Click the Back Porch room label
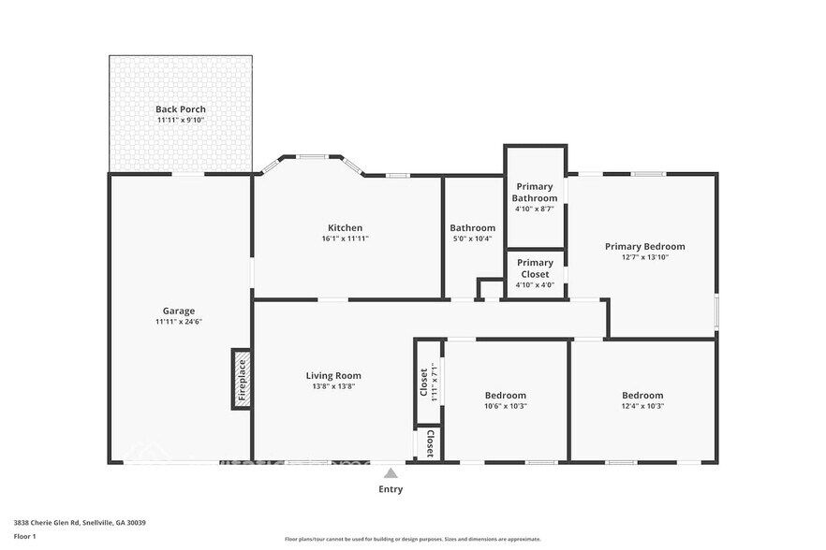click(180, 109)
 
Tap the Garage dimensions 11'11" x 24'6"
click(179, 322)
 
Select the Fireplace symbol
click(242, 379)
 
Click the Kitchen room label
click(345, 227)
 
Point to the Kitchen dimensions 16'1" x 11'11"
click(345, 239)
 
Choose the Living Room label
click(332, 375)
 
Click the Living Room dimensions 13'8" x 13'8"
click(332, 386)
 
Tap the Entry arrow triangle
click(391, 473)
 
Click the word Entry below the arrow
click(391, 489)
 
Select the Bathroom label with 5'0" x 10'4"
click(472, 227)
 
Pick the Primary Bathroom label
click(535, 192)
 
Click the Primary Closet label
click(535, 268)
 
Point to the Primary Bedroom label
click(644, 246)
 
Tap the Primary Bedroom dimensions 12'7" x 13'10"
click(644, 257)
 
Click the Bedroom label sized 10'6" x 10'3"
click(505, 395)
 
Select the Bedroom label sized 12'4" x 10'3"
click(642, 395)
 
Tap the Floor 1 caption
click(24, 536)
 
